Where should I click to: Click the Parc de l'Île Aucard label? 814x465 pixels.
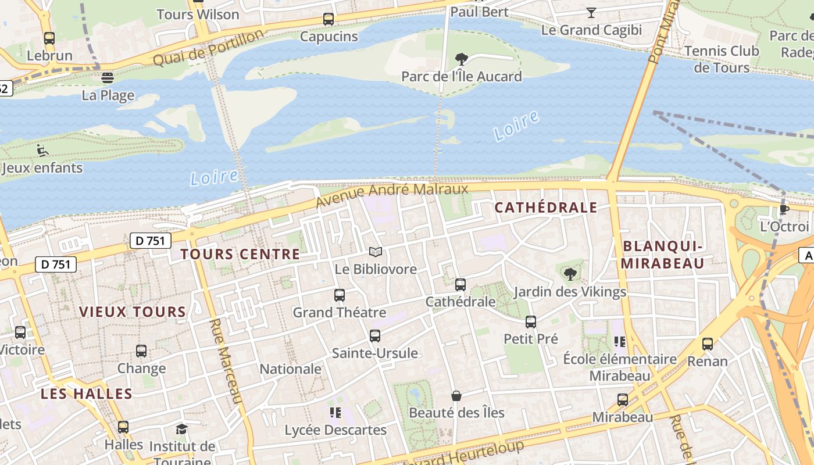[x=462, y=76]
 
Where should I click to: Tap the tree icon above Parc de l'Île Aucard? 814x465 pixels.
[x=462, y=59]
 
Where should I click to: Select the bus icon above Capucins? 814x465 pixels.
[x=329, y=19]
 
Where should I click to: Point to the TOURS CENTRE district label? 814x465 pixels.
[x=240, y=254]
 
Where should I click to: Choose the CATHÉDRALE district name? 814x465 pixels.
[x=545, y=208]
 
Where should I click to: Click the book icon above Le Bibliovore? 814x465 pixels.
[x=376, y=252]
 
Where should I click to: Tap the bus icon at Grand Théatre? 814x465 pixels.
[x=340, y=295]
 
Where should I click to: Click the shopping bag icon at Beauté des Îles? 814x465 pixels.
[x=456, y=396]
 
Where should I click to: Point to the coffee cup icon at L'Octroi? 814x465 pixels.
[x=784, y=209]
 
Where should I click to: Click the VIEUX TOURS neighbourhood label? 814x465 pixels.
[x=133, y=312]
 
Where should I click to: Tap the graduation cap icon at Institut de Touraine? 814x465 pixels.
[x=182, y=429]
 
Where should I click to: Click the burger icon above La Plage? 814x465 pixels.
[x=108, y=77]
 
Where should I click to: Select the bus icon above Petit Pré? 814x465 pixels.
[x=530, y=321]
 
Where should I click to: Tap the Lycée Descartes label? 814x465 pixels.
[x=335, y=430]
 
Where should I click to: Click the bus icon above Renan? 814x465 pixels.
[x=707, y=344]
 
